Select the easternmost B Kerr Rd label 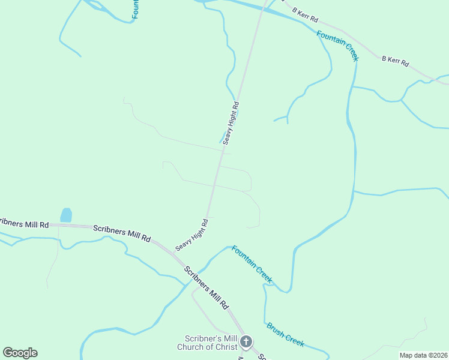[395, 61]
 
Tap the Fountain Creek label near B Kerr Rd [338, 46]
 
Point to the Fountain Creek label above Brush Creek [252, 265]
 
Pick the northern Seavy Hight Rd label [231, 123]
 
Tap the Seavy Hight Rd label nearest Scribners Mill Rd [191, 235]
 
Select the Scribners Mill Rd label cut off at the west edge [23, 224]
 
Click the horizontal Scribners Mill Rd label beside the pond [121, 233]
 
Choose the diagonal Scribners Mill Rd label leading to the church [206, 287]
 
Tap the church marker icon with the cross [246, 343]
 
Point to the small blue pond [66, 215]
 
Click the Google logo [20, 353]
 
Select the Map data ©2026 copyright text [423, 355]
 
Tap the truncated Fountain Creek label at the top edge [136, 9]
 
